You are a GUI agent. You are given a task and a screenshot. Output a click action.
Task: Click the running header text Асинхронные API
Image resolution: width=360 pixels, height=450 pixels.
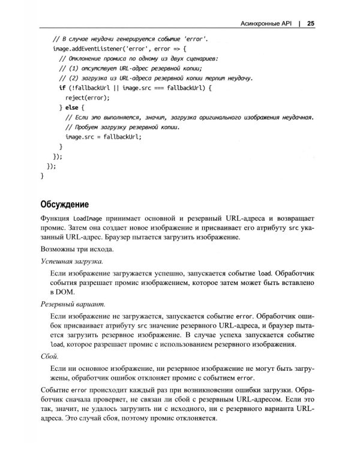pos(265,24)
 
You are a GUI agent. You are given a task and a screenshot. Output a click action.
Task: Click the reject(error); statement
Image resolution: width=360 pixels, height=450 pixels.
pos(88,97)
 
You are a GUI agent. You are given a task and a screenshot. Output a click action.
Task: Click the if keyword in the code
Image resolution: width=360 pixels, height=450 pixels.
pos(62,88)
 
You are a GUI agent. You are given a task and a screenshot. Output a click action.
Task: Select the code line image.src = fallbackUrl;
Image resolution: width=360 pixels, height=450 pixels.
pos(103,137)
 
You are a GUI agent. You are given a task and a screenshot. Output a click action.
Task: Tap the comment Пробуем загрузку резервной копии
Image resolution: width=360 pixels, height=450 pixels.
pos(130,127)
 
